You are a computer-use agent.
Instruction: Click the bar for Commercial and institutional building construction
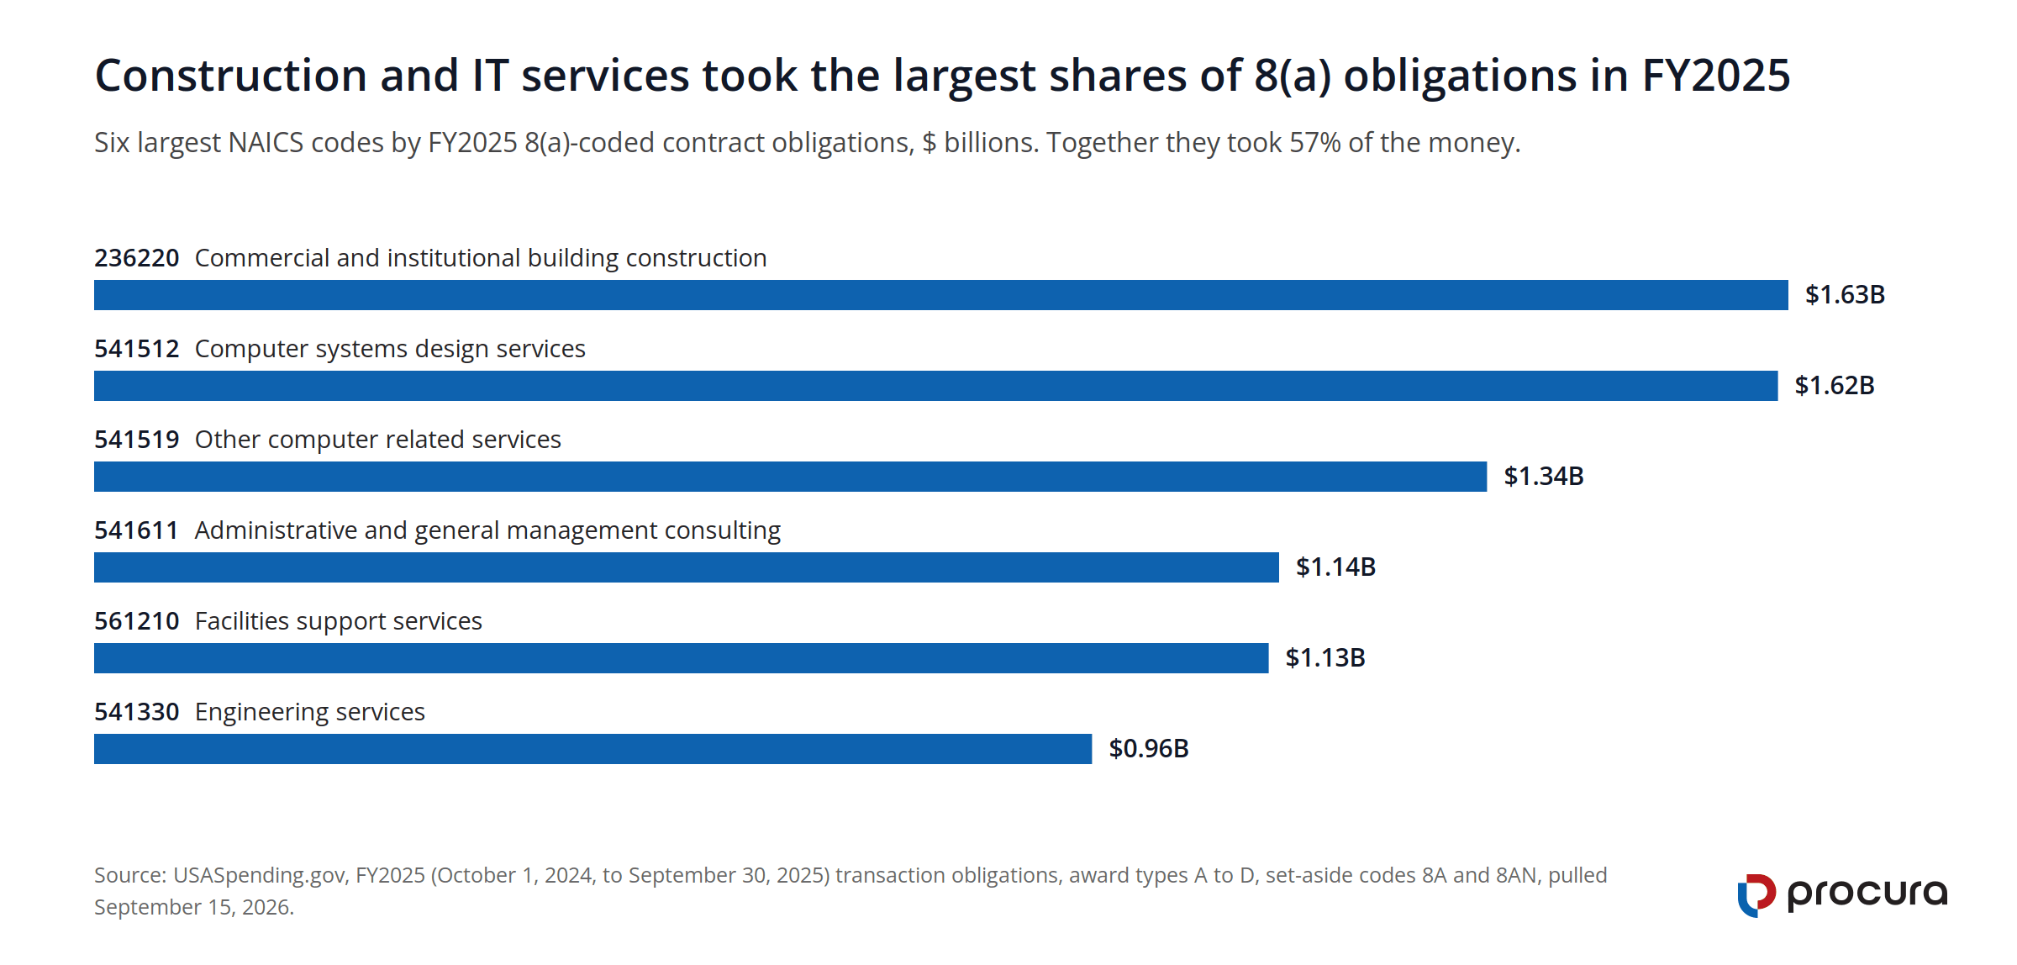coord(941,295)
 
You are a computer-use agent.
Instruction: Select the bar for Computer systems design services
coord(936,386)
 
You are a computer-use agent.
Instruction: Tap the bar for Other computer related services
coord(791,477)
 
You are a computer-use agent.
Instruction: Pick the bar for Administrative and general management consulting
coord(687,567)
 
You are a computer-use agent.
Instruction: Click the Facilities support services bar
coord(682,658)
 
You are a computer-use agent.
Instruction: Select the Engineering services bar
coord(593,749)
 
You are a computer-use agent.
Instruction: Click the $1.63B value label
coord(1846,295)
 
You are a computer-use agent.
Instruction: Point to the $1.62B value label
coord(1835,386)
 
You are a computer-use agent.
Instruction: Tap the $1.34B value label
coord(1544,477)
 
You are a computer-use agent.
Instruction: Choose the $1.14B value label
coord(1336,567)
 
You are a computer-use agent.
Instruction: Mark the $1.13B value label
coord(1325,658)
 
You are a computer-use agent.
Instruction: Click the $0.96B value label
coord(1149,749)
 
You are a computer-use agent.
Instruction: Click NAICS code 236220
coord(137,258)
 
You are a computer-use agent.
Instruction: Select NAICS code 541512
coord(137,349)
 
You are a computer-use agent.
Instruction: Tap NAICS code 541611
coord(137,530)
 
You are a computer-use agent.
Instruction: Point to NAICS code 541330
coord(137,712)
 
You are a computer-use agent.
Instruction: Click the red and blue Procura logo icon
coord(1756,895)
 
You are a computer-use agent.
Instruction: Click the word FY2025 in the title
coord(1716,76)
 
